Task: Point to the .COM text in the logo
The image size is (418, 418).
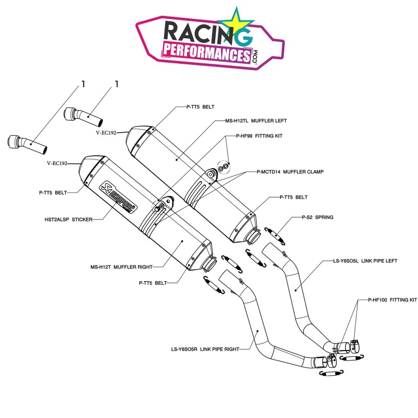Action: pyautogui.click(x=255, y=56)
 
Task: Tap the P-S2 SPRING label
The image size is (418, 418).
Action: pyautogui.click(x=317, y=216)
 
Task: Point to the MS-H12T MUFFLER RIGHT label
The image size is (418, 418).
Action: pyautogui.click(x=121, y=266)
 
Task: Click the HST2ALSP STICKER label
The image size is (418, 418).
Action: pyautogui.click(x=69, y=220)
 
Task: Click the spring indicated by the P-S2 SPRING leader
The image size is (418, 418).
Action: pyautogui.click(x=277, y=235)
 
